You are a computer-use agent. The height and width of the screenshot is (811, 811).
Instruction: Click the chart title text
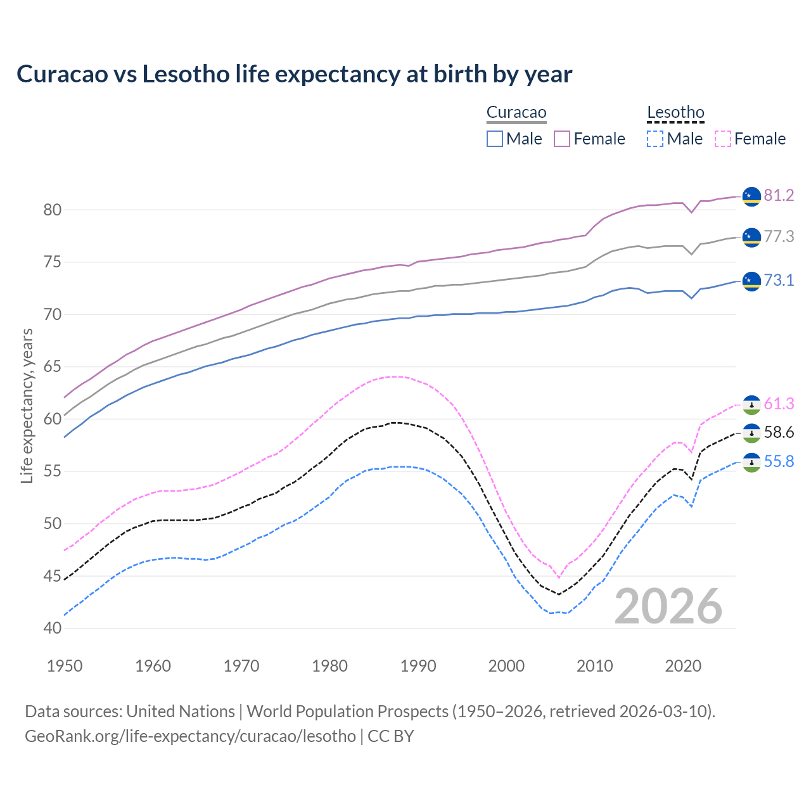294,74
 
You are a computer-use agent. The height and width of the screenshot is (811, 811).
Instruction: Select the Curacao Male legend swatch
495,139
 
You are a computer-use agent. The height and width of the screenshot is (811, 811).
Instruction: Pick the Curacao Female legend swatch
562,139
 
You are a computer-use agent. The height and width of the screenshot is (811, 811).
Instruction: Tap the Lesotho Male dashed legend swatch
655,139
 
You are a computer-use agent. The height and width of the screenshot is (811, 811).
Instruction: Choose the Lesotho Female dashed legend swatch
722,139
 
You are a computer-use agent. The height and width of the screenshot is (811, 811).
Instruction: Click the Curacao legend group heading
516,113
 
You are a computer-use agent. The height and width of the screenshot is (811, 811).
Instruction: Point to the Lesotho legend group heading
675,113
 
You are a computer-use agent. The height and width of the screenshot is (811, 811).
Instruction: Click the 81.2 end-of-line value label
779,195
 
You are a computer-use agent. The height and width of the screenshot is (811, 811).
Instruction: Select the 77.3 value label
779,236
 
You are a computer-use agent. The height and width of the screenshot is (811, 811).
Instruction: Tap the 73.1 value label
779,280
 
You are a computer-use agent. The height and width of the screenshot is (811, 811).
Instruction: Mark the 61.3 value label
779,404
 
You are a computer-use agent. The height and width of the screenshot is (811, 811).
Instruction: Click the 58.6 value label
779,433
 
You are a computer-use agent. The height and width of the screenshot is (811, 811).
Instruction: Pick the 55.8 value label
779,461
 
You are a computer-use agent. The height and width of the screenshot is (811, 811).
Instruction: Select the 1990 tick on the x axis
418,666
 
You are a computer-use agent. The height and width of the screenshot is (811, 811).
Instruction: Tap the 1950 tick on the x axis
65,666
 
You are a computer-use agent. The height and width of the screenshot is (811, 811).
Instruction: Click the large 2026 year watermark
668,606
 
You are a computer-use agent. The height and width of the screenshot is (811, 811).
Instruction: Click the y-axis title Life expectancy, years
27,405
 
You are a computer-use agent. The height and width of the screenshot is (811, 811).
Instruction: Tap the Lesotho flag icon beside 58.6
751,433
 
